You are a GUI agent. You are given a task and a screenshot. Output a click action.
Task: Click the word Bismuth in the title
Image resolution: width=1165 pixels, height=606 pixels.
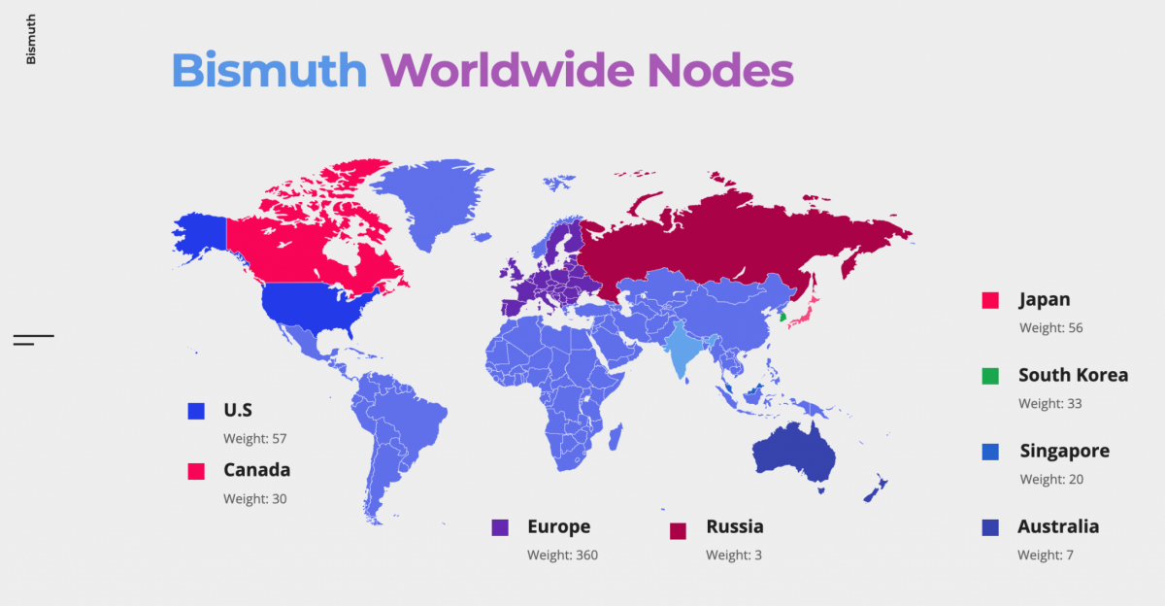pos(269,70)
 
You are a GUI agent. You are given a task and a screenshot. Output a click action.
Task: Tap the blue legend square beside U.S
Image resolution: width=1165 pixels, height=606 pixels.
pos(196,412)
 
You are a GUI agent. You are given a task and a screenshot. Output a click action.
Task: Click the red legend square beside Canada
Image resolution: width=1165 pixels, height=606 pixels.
pos(196,471)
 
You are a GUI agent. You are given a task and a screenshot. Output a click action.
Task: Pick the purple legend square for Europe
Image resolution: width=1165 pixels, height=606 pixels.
pos(500,528)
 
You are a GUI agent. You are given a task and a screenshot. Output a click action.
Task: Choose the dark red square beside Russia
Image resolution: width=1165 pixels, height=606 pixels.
pos(678,530)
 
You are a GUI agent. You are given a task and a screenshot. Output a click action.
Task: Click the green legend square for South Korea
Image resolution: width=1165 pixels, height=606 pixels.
pos(990,376)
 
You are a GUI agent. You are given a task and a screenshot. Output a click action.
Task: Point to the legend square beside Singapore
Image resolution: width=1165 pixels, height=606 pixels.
pos(990,452)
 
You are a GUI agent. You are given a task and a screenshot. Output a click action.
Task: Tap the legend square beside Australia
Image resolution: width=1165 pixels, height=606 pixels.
pos(990,528)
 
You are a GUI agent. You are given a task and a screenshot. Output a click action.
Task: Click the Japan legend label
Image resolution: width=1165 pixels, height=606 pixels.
pos(1044,300)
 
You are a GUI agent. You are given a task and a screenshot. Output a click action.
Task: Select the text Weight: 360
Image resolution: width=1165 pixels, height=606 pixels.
pos(562,555)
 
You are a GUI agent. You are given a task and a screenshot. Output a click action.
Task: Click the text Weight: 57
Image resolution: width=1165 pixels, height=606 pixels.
pos(254,439)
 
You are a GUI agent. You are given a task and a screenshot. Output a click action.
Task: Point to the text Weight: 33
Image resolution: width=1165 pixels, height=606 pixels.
pos(1049,404)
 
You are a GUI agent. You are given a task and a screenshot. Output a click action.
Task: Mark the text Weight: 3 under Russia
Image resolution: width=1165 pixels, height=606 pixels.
pos(733,555)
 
